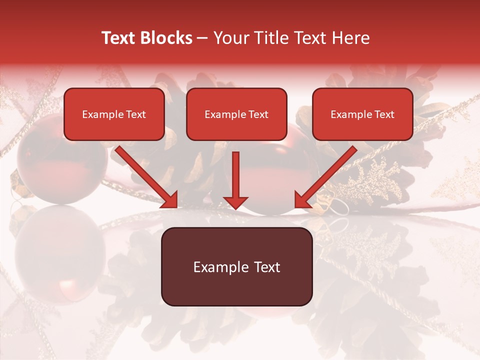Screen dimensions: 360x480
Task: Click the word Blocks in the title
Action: (x=168, y=38)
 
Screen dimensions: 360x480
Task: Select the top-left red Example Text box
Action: (x=114, y=114)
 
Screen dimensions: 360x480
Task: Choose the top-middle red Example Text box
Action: (x=236, y=114)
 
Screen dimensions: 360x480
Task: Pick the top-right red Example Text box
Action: (x=362, y=114)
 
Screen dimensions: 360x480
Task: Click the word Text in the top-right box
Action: (x=384, y=114)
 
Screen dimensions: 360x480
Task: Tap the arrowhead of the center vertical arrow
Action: (x=235, y=202)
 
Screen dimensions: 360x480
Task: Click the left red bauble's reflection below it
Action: (x=55, y=255)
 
